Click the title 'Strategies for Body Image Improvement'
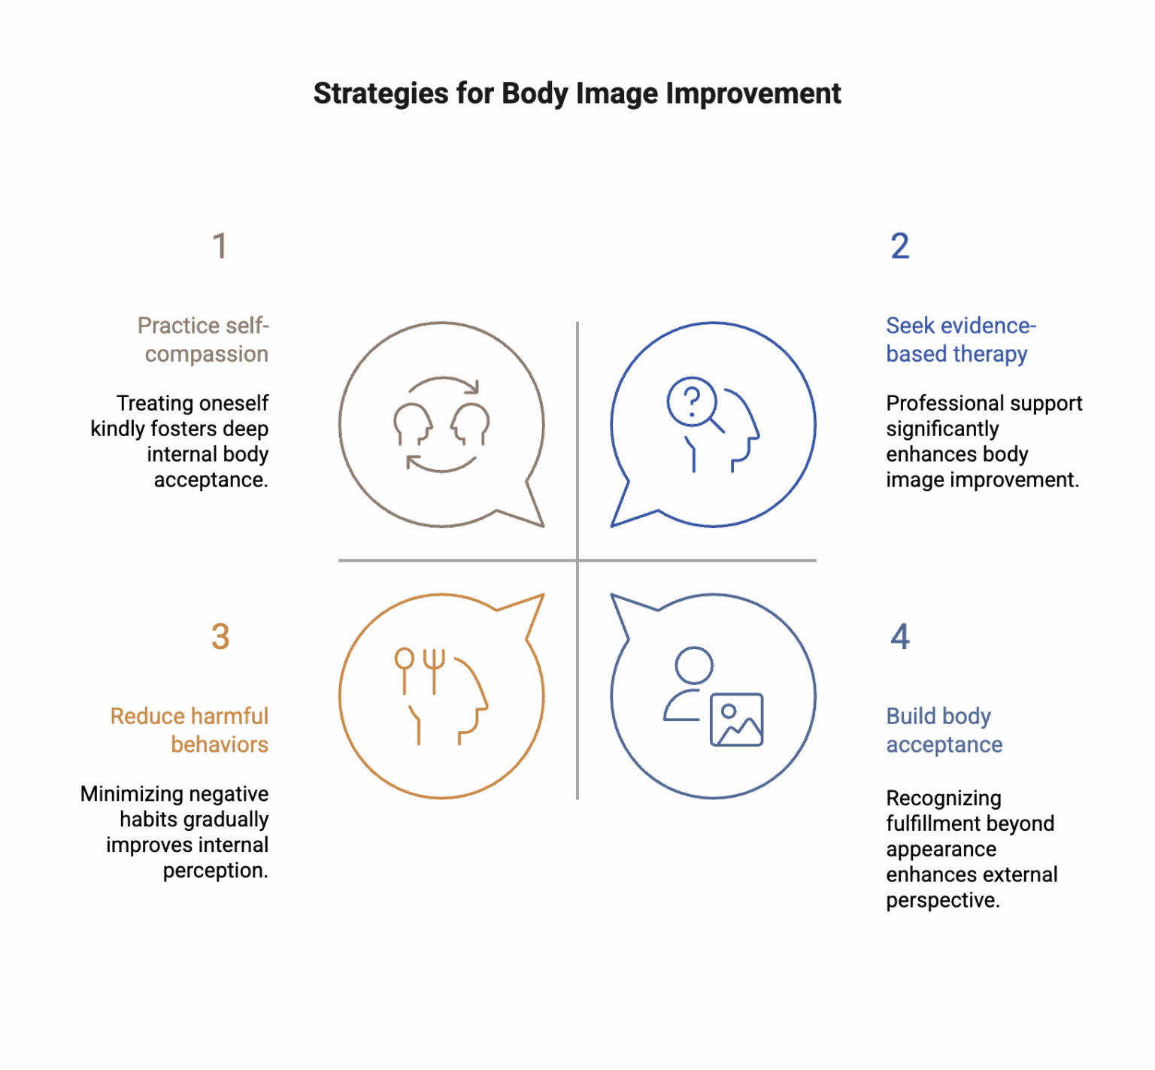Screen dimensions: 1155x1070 577,94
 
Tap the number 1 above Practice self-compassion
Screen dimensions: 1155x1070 220,246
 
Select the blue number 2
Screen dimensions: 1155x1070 900,246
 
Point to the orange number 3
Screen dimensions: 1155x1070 220,636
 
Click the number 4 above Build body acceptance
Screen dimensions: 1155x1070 900,636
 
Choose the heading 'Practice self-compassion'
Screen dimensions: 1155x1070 203,339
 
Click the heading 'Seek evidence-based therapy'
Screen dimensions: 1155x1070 961,339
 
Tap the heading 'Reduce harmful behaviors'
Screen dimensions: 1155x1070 189,729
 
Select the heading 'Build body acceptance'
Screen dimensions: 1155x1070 944,729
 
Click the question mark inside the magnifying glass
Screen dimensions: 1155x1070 692,400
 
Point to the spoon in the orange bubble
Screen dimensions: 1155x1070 405,669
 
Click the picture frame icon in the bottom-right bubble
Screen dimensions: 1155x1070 737,720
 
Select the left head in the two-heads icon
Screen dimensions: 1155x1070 413,425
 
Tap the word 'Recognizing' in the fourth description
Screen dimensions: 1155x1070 944,798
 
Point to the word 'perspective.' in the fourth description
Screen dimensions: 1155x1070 943,900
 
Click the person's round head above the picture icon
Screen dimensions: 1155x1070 694,665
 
